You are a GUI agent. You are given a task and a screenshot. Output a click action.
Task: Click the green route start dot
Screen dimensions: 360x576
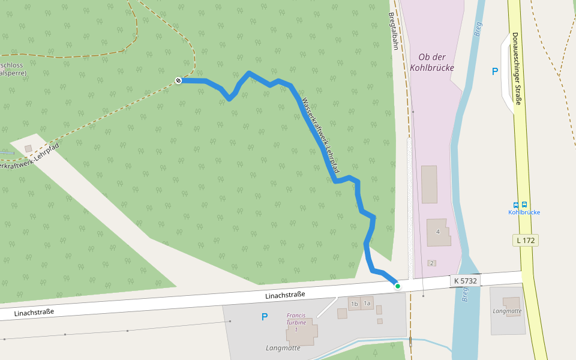tap(397, 286)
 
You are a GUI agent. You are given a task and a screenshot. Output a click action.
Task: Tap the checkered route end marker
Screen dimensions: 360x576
tap(178, 80)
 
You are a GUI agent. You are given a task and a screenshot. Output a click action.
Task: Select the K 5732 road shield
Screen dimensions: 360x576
tap(465, 280)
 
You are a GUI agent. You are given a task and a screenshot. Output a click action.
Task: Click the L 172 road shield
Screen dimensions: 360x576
tap(525, 240)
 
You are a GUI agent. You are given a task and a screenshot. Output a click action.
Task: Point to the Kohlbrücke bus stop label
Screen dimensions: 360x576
tap(524, 212)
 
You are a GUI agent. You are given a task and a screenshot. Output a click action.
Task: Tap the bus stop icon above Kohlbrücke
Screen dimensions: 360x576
tap(520, 205)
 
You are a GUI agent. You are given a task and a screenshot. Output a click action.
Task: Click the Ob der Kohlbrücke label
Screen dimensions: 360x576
tap(431, 62)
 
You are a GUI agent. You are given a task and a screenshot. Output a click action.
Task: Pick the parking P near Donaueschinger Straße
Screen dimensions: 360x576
tap(495, 71)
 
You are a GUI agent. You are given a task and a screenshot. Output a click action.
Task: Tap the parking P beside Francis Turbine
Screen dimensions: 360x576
tap(264, 317)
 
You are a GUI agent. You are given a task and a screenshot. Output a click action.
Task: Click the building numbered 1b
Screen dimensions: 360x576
tap(354, 304)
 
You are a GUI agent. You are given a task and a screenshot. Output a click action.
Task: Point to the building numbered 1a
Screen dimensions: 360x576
tap(367, 304)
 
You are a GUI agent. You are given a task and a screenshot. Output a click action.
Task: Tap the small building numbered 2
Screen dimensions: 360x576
tap(431, 263)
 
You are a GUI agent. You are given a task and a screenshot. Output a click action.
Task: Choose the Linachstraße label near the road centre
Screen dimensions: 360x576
tap(285, 295)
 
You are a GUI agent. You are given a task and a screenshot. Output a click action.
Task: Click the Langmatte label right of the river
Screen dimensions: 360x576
tap(507, 311)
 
